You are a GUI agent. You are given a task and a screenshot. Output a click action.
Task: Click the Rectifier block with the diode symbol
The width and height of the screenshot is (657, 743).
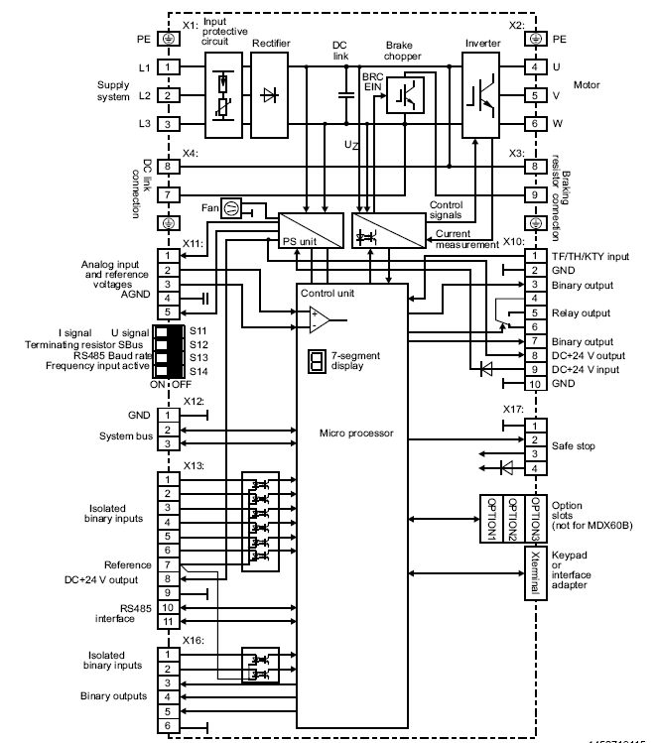point(269,95)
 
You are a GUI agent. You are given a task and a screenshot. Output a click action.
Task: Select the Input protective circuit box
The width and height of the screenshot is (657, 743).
point(223,95)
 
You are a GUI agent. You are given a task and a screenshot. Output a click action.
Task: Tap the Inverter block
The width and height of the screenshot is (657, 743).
point(480,95)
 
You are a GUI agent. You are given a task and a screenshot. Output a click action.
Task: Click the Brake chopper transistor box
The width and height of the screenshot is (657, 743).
point(405,95)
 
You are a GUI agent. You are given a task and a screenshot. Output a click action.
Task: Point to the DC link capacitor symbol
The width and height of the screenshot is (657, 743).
point(346,95)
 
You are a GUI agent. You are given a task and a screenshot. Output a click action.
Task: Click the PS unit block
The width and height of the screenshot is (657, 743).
point(311,230)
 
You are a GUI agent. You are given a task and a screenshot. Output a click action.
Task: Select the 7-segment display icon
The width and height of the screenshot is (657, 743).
point(317,361)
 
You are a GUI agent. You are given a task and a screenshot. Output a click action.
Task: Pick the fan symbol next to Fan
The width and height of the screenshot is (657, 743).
point(231,208)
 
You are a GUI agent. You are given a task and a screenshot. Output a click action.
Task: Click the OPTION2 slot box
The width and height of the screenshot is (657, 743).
point(512,519)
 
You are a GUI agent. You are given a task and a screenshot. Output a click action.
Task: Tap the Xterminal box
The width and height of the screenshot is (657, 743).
point(535,573)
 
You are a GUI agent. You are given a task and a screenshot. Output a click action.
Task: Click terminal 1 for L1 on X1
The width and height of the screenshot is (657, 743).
point(169,66)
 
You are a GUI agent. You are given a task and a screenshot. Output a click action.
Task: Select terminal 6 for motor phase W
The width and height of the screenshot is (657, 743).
point(536,124)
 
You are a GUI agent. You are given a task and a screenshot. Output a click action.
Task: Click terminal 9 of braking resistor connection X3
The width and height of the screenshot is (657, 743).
point(536,194)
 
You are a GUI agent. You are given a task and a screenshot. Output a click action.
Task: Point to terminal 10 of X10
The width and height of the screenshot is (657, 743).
point(535,384)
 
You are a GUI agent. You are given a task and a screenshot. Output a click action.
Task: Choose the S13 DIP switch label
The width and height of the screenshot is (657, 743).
point(198,358)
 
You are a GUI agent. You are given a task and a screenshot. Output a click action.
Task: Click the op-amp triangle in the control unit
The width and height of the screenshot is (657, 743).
point(320,319)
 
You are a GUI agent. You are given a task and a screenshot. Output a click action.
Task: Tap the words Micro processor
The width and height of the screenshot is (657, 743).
point(356,433)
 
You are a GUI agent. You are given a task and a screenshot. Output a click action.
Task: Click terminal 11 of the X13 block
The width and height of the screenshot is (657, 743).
point(169,622)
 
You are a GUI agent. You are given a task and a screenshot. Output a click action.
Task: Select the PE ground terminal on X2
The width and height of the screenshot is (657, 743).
point(536,39)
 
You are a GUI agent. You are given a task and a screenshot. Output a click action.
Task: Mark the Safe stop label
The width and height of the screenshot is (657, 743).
point(573,445)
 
